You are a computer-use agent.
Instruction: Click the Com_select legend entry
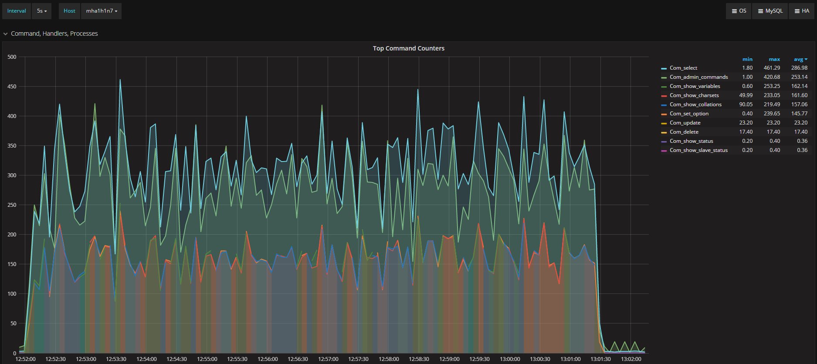click(683, 68)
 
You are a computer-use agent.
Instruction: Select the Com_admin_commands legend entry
click(698, 77)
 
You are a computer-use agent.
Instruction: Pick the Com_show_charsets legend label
click(694, 95)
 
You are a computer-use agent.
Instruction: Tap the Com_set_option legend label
click(689, 114)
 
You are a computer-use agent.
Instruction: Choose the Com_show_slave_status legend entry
click(698, 150)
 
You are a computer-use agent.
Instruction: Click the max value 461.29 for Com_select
click(772, 68)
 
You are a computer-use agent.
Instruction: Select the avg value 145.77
click(799, 114)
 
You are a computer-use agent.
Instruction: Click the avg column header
click(800, 59)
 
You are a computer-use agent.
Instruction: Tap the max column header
click(774, 59)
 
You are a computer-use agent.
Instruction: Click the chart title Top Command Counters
click(408, 48)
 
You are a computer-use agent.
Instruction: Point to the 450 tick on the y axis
click(12, 87)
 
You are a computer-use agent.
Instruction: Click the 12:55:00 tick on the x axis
click(207, 359)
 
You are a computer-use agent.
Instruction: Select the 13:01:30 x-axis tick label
click(600, 359)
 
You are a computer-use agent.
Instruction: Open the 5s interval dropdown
click(42, 11)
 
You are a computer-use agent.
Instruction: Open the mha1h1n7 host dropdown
click(102, 11)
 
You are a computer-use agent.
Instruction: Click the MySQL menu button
click(770, 11)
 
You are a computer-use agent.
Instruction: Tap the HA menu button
click(801, 11)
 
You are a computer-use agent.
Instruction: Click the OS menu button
click(739, 11)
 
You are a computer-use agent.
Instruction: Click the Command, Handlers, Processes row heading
click(54, 34)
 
